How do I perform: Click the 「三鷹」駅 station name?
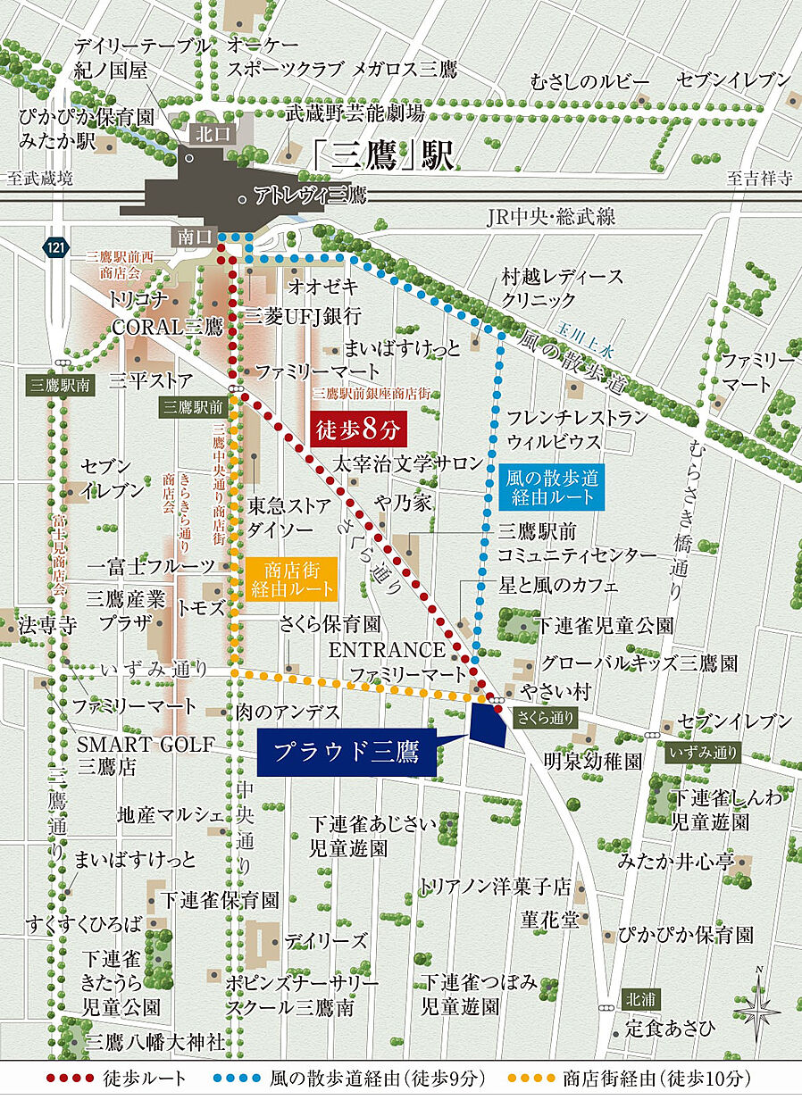[x=384, y=155]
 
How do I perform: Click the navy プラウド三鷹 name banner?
[x=347, y=752]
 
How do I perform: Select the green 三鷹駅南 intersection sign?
[x=59, y=386]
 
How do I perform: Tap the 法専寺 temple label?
[x=43, y=624]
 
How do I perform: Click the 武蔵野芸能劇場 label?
[x=354, y=113]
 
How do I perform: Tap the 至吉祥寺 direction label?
[x=759, y=178]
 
